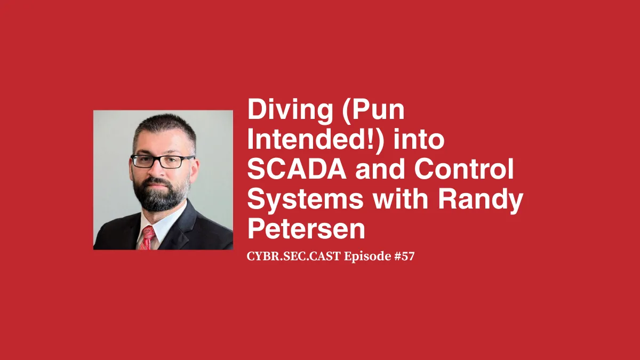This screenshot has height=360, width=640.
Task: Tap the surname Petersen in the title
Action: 307,229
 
